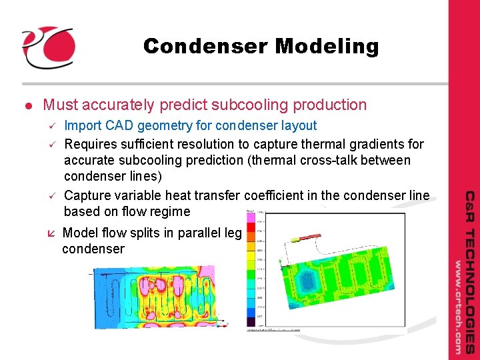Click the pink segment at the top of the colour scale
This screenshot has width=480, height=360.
click(x=251, y=218)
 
